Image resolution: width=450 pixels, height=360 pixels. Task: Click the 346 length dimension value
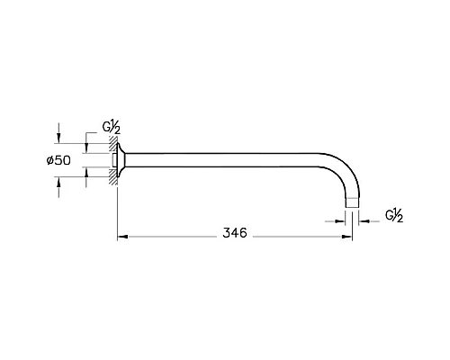pyautogui.click(x=235, y=232)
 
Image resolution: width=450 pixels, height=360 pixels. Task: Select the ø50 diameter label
pyautogui.click(x=58, y=160)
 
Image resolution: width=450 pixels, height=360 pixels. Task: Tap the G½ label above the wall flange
pyautogui.click(x=112, y=128)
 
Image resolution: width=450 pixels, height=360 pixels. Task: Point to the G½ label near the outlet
pyautogui.click(x=394, y=216)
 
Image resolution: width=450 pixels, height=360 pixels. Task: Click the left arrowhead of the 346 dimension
pyautogui.click(x=122, y=237)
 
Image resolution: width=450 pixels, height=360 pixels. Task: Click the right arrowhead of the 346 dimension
pyautogui.click(x=346, y=237)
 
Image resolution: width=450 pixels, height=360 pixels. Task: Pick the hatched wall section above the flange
pyautogui.click(x=112, y=144)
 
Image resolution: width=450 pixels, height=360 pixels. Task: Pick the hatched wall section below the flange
pyautogui.click(x=112, y=176)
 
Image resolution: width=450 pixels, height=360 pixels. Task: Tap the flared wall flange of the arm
pyautogui.click(x=121, y=160)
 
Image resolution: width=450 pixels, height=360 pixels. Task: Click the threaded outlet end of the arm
pyautogui.click(x=352, y=202)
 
